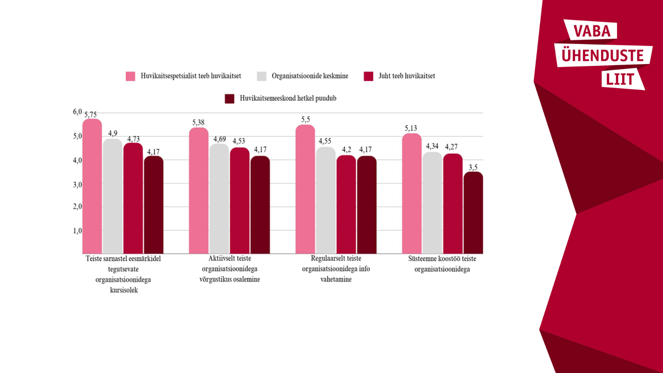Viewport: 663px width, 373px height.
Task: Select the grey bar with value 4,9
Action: click(112, 196)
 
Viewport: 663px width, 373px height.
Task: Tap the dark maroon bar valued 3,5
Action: click(473, 213)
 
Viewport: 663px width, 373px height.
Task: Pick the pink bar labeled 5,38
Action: click(198, 191)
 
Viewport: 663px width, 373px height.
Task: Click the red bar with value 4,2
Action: click(346, 204)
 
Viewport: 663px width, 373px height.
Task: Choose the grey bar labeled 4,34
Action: click(432, 203)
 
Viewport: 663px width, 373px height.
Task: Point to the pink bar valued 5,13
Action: click(412, 194)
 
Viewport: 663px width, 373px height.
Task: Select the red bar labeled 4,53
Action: click(240, 201)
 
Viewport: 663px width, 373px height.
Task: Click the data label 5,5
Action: click(306, 120)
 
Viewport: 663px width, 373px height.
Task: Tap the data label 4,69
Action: click(220, 139)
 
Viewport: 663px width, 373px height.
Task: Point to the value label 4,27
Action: click(451, 147)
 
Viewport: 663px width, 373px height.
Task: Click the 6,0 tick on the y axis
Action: click(77, 112)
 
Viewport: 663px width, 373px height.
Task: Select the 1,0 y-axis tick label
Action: click(77, 231)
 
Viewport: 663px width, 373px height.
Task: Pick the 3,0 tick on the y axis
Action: click(77, 184)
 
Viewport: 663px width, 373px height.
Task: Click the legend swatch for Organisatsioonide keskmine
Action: click(262, 76)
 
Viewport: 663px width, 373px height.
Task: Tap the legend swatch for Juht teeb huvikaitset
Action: click(368, 76)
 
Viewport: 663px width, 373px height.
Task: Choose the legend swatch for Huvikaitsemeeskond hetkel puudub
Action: click(229, 98)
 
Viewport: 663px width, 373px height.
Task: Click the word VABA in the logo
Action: click(592, 31)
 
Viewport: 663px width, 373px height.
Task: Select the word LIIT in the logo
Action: click(620, 80)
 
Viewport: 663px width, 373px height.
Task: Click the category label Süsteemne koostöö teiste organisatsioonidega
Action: click(442, 264)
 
